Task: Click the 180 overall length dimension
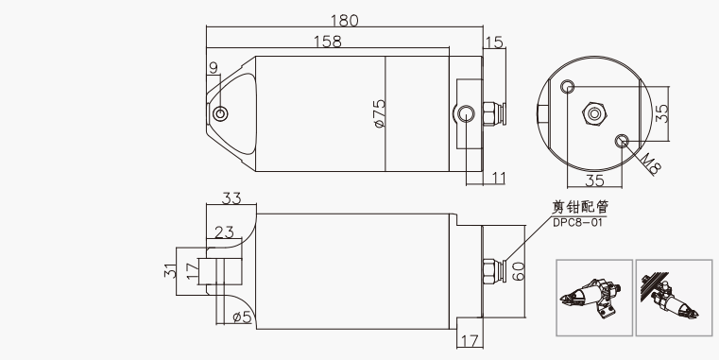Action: (x=344, y=21)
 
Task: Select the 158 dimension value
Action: (x=328, y=42)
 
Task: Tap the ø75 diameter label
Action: (x=380, y=113)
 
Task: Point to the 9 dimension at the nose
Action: (x=214, y=68)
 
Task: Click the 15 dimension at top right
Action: (x=494, y=43)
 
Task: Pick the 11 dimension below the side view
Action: (x=498, y=178)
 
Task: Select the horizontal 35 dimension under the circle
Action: (x=594, y=180)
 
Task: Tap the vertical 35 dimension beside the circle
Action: (x=661, y=113)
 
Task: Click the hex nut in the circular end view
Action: (x=594, y=113)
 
